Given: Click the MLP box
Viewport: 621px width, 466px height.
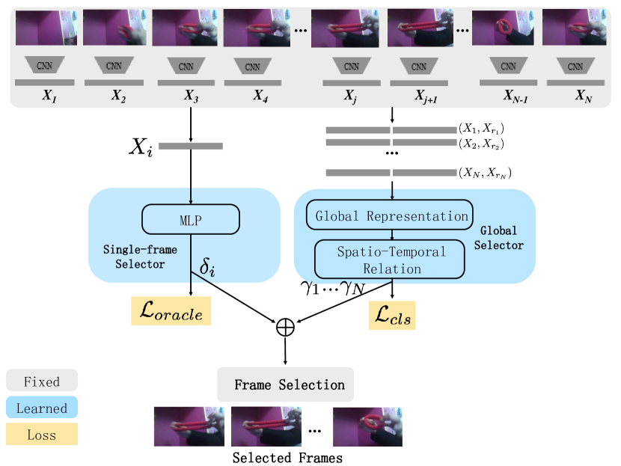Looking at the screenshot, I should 190,219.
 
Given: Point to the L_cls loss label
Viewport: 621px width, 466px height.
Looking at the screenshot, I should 392,316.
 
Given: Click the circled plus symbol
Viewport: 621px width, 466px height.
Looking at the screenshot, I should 286,326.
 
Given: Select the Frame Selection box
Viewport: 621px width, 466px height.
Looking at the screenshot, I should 285,384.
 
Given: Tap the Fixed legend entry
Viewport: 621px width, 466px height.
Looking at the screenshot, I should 42,381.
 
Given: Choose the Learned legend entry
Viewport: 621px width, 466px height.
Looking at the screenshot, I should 42,408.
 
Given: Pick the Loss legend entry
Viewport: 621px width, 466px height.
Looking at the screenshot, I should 42,435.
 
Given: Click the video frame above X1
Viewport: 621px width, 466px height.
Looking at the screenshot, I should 43,28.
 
